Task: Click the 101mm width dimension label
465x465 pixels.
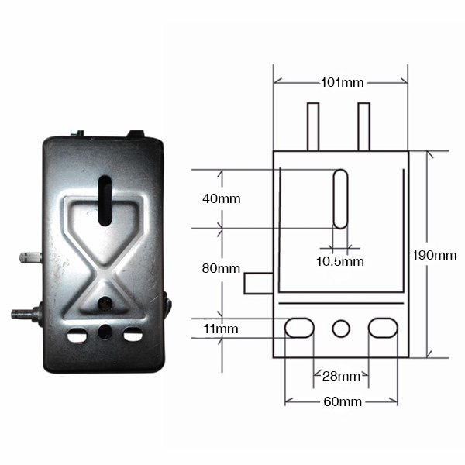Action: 343,82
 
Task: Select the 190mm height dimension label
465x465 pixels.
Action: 435,255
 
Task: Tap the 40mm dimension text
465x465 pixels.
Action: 222,198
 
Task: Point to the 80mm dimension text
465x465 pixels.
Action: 221,268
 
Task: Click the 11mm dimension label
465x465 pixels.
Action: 221,329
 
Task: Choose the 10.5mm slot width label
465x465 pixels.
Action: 340,261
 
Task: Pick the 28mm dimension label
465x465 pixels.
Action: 341,376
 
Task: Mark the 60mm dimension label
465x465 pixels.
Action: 343,401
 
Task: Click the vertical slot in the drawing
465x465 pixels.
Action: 340,198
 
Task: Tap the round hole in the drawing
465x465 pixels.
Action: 341,329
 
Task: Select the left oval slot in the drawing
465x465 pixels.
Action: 299,328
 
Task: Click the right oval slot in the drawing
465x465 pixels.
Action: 383,328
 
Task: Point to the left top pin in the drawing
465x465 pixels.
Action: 313,126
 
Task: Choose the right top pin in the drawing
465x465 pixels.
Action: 364,126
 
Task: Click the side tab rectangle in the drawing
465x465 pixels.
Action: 258,284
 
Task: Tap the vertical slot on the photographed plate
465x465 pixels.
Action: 105,201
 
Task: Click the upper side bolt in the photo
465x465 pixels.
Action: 30,257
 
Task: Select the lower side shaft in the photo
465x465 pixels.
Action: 26,314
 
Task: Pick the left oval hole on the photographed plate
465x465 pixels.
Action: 77,335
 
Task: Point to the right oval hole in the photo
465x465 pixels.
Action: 133,334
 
